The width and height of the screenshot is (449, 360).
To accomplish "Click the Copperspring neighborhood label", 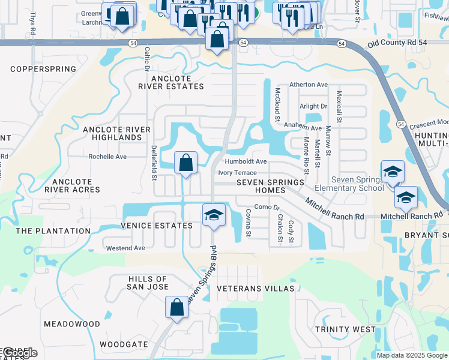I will click(43, 69).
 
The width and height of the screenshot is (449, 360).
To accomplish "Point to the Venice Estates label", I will click(157, 226).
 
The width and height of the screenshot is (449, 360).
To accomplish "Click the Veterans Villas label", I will click(255, 289).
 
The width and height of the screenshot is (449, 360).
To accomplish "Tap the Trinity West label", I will click(346, 329).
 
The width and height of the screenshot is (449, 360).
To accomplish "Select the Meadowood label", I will click(72, 324).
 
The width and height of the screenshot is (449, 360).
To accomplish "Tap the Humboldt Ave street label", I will click(245, 161).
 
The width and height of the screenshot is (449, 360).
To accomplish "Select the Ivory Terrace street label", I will click(237, 173).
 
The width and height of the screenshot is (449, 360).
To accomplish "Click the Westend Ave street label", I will click(125, 248).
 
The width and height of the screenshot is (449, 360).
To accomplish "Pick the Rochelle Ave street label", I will click(107, 157).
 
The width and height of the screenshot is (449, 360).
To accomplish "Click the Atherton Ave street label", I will click(309, 85).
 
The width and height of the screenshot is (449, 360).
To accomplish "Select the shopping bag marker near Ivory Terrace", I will click(185, 162).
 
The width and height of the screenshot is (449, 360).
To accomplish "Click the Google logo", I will click(20, 353).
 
